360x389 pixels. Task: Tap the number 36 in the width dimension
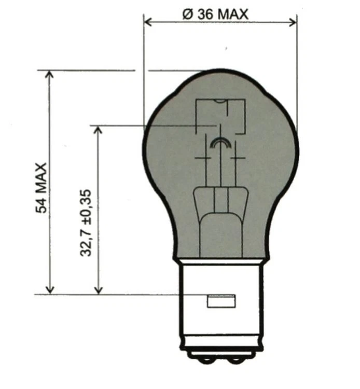point(204,15)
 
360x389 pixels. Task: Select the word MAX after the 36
point(232,15)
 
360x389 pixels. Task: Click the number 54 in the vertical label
point(41,204)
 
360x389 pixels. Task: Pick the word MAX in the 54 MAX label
point(41,177)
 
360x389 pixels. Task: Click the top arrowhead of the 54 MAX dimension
point(50,75)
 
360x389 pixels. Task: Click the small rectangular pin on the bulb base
point(221,301)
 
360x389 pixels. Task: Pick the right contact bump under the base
point(237,358)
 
